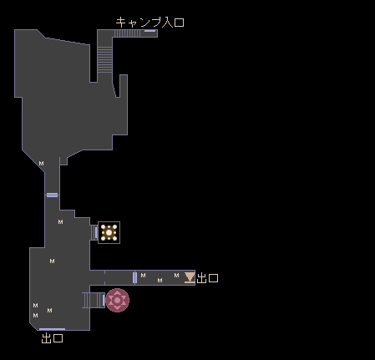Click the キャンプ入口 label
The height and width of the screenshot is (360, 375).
[149, 22]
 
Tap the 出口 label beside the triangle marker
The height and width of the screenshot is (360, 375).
[207, 278]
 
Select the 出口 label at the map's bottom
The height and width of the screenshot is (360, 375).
[52, 338]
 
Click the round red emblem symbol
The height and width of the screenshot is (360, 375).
[117, 300]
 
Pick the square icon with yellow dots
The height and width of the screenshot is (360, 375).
[109, 232]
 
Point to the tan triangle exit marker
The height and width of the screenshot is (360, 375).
[190, 277]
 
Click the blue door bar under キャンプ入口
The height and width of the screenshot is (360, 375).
[149, 31]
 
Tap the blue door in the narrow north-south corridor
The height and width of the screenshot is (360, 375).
[52, 195]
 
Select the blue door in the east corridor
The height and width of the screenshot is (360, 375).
[134, 277]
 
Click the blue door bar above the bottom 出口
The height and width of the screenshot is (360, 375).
[52, 329]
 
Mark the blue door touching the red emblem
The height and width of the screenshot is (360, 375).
[104, 300]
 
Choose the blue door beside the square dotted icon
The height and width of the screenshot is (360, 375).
[96, 232]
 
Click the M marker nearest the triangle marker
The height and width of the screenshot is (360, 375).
[176, 276]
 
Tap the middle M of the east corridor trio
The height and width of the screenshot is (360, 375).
[160, 281]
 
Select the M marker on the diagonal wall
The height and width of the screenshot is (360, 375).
[41, 164]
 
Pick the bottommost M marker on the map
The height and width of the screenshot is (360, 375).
[35, 316]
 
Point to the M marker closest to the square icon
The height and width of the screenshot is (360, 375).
[60, 222]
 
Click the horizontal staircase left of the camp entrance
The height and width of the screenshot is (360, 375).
[128, 33]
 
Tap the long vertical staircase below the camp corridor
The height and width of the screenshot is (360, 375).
[104, 59]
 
